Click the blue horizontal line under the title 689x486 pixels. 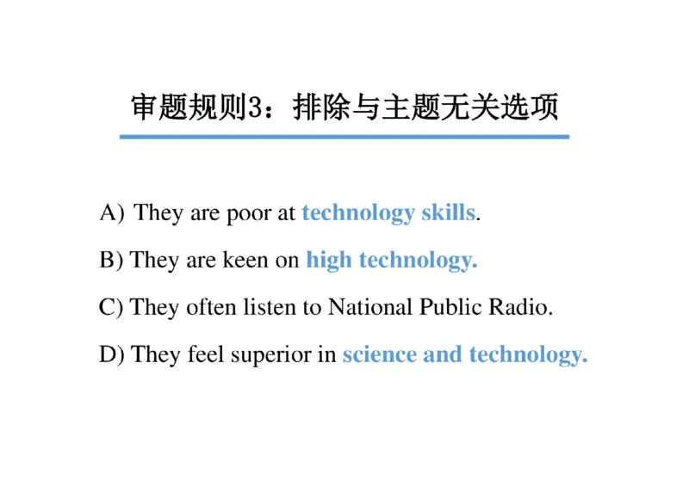(x=344, y=136)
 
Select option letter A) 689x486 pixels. (x=113, y=212)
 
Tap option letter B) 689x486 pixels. (x=112, y=260)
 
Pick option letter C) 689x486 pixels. (x=112, y=307)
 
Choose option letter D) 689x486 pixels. (x=113, y=354)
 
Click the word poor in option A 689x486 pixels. (x=249, y=213)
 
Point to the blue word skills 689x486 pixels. (x=448, y=212)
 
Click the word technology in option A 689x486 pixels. (x=357, y=213)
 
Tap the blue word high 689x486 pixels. (x=329, y=260)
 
